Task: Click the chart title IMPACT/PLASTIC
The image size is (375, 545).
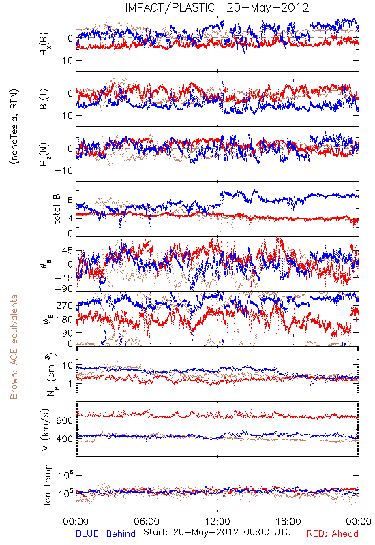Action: tap(170, 7)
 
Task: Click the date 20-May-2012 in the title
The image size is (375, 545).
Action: tap(268, 7)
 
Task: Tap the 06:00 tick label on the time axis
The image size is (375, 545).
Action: tap(147, 521)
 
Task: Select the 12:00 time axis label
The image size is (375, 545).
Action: tap(217, 521)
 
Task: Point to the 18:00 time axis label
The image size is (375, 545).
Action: tap(288, 521)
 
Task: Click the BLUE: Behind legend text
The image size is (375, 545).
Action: tap(106, 533)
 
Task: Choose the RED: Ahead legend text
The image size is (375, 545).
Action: tap(333, 533)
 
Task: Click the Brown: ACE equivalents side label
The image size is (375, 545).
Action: tap(14, 347)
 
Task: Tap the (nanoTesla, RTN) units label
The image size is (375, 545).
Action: tap(14, 127)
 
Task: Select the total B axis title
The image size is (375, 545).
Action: tap(57, 209)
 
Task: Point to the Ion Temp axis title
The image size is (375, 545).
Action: tap(47, 484)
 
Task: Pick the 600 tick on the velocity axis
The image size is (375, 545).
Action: tap(64, 420)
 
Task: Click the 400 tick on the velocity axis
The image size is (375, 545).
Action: tap(64, 439)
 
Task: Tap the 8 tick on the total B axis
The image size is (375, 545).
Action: tap(70, 200)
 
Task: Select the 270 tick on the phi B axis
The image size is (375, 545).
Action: tap(64, 306)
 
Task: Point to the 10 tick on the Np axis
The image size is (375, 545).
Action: tap(67, 366)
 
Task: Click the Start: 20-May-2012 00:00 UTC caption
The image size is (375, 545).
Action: tap(217, 532)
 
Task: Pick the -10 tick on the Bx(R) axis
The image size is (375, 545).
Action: tap(63, 61)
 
